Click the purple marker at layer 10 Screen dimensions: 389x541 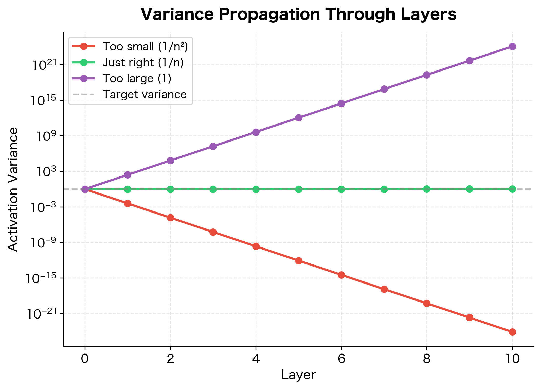pyautogui.click(x=512, y=46)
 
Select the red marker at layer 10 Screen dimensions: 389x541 pyautogui.click(x=512, y=332)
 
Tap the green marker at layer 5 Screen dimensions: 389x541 pyautogui.click(x=299, y=189)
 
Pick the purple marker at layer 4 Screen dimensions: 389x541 pyautogui.click(x=256, y=132)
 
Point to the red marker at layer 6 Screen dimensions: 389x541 pyautogui.click(x=341, y=275)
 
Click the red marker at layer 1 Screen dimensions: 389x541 pyautogui.click(x=128, y=203)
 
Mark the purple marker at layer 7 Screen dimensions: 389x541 pyautogui.click(x=384, y=89)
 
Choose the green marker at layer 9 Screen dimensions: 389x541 pyautogui.click(x=470, y=189)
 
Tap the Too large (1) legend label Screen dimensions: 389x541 pyautogui.click(x=137, y=79)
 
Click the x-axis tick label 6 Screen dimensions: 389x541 pyautogui.click(x=341, y=359)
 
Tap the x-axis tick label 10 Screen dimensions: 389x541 pyautogui.click(x=512, y=359)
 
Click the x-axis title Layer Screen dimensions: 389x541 pyautogui.click(x=298, y=375)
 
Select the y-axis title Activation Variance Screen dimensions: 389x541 pyautogui.click(x=13, y=189)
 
